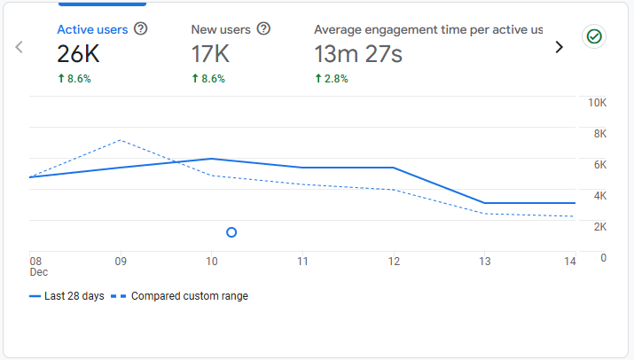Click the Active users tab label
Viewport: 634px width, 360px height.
click(x=92, y=29)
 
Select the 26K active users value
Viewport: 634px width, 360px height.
click(x=78, y=55)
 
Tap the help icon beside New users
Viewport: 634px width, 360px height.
click(x=263, y=29)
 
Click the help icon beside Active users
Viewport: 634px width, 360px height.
click(x=140, y=29)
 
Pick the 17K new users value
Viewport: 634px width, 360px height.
click(x=211, y=55)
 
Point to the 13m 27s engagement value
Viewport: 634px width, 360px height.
click(x=358, y=55)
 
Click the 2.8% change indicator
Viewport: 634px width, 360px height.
click(x=332, y=79)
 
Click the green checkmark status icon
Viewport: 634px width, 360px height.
click(x=593, y=36)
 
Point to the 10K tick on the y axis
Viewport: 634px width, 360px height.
click(x=597, y=103)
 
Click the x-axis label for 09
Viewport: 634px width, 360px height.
click(x=121, y=262)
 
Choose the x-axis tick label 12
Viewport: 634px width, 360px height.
click(x=394, y=262)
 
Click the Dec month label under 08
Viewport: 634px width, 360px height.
click(x=38, y=272)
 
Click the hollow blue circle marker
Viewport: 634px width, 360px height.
click(x=231, y=232)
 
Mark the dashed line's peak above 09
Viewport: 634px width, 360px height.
click(x=121, y=140)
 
